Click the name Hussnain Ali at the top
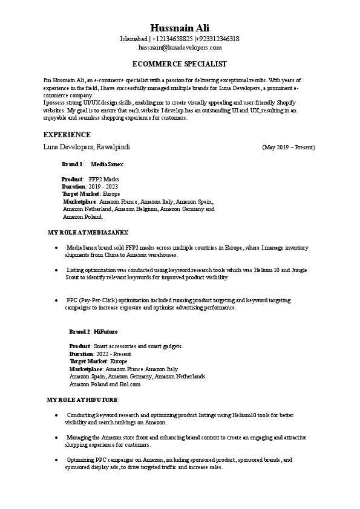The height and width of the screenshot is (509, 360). [180, 28]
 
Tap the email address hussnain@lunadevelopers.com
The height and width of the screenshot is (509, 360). [180, 47]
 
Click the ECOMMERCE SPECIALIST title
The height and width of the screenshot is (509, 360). [180, 63]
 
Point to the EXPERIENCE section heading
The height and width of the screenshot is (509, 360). [67, 134]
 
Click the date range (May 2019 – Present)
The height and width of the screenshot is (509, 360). [289, 147]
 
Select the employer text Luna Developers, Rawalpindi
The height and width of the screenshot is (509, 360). [87, 147]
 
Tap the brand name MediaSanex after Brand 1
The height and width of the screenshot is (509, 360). [106, 164]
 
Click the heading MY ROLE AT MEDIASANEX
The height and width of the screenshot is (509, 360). [88, 232]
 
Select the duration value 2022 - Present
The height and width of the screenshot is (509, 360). [111, 354]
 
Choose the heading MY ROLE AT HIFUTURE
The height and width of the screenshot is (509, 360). [83, 400]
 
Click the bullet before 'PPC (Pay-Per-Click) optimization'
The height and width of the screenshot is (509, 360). [56, 300]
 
